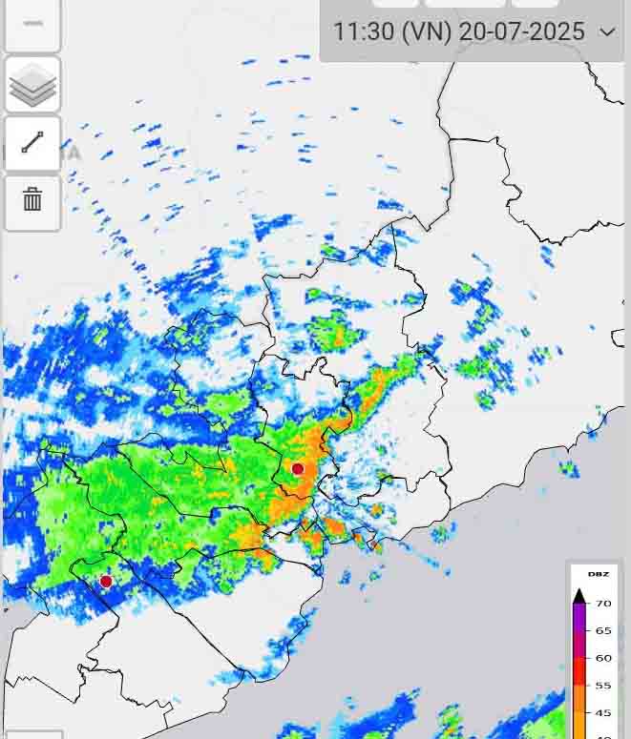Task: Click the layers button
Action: [x=32, y=86]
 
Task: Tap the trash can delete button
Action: [x=32, y=201]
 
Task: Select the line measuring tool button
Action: [x=32, y=144]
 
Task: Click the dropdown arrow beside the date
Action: [x=608, y=31]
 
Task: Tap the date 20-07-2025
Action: [x=522, y=31]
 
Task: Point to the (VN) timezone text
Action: [x=426, y=31]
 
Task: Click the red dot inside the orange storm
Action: [x=298, y=468]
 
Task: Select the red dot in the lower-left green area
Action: [x=106, y=581]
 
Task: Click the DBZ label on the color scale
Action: [x=599, y=574]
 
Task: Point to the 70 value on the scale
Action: [x=604, y=604]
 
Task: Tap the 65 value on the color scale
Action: [x=604, y=630]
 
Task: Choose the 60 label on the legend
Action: [x=604, y=658]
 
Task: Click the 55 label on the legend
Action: [x=604, y=686]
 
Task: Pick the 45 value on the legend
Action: [x=604, y=712]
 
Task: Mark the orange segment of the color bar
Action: [x=578, y=710]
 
